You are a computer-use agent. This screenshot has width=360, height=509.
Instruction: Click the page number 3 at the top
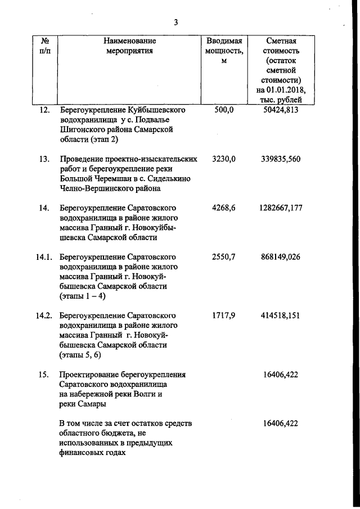click(175, 22)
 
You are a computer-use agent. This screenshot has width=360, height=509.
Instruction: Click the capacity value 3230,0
click(224, 159)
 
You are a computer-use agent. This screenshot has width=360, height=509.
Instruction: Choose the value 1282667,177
click(281, 208)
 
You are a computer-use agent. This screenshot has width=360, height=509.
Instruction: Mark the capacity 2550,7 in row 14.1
click(224, 257)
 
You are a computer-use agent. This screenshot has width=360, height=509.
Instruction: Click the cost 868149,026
click(281, 257)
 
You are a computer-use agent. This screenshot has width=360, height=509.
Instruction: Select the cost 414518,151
click(281, 316)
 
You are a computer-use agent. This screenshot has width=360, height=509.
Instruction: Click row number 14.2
click(44, 316)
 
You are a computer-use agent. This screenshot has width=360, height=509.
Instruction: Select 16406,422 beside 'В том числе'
click(281, 424)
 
